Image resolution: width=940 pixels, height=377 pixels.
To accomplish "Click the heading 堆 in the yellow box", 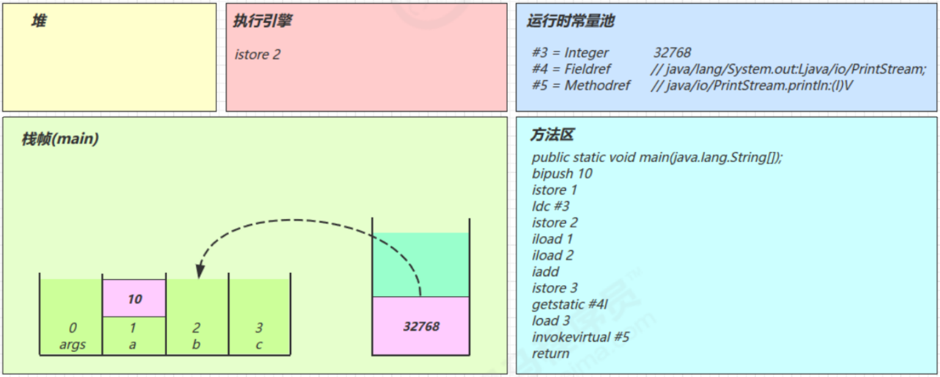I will tap(39, 21).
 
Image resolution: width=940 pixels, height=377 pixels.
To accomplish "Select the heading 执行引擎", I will tap(262, 21).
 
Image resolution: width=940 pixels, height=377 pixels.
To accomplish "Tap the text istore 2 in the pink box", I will tap(257, 54).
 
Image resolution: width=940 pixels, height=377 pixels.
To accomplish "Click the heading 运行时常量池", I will tap(570, 21).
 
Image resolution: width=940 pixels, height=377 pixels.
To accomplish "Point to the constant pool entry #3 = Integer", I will tap(570, 53).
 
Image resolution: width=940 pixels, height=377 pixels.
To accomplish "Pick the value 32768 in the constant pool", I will tap(672, 53).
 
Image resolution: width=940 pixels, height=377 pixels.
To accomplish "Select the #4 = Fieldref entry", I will tap(571, 69).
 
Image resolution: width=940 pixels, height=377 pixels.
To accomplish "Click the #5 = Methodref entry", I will tap(581, 86).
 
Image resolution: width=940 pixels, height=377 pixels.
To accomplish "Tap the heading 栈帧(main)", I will tap(60, 139).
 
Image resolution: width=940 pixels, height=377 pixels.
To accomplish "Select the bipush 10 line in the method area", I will tap(562, 173).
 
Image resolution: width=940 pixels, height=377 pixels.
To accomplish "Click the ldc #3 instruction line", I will tap(550, 206).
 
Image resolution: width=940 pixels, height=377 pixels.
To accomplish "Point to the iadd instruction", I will tap(546, 272).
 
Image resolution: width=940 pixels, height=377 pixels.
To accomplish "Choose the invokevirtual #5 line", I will tap(580, 337).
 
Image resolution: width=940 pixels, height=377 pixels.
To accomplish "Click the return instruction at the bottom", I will tap(550, 354).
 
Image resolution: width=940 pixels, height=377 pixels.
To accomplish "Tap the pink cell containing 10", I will tap(135, 299).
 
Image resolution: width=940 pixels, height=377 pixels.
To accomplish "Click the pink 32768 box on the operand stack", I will tap(421, 326).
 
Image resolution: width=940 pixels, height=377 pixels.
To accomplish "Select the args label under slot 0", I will tap(73, 345).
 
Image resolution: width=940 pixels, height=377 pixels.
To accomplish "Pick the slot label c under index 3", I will tap(259, 345).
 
